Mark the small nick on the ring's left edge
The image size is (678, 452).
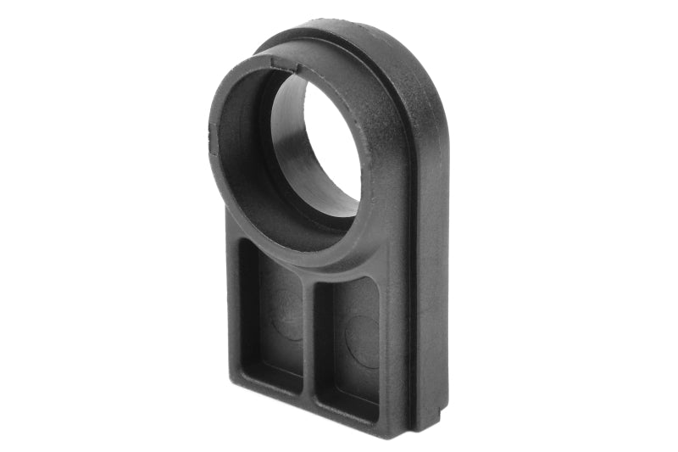pos(211,131)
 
